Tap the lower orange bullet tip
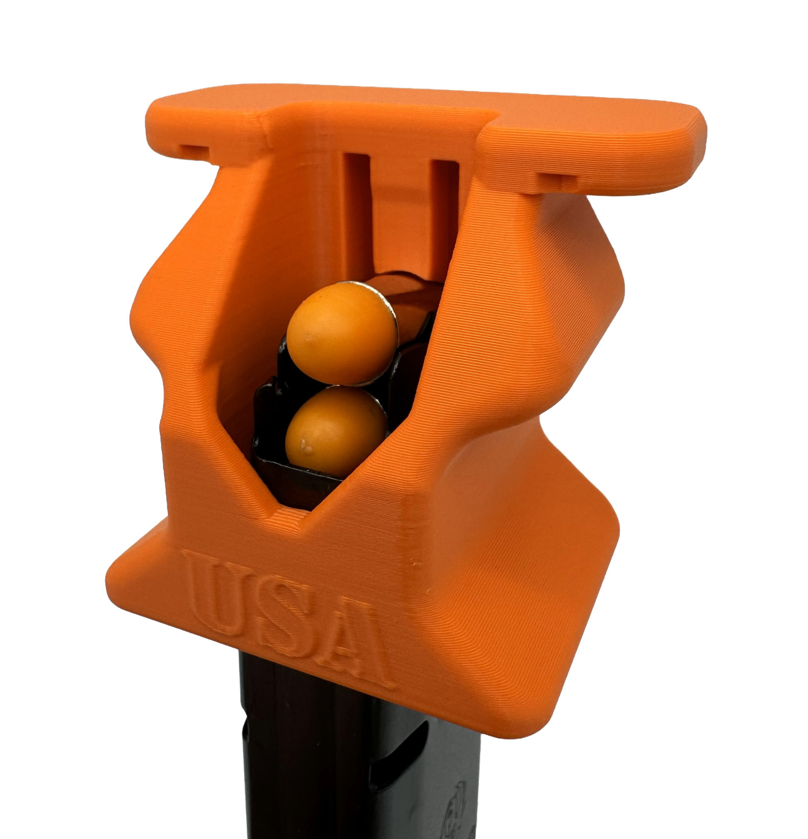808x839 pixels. [336, 431]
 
